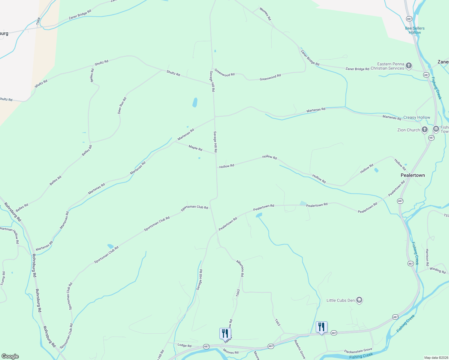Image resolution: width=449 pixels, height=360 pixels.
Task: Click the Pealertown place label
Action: click(x=413, y=175)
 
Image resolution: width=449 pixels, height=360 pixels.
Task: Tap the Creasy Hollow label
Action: click(x=417, y=117)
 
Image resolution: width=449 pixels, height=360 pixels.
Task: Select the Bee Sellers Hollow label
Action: click(x=415, y=30)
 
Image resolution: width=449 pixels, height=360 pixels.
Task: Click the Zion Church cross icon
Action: click(x=424, y=130)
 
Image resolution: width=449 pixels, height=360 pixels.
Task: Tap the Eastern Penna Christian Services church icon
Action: click(x=408, y=66)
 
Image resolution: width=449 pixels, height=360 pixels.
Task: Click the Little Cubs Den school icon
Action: click(x=359, y=300)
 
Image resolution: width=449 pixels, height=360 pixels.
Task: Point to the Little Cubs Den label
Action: click(x=341, y=300)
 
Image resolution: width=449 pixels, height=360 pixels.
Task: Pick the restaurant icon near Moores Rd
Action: click(x=225, y=333)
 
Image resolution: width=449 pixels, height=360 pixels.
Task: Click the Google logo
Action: click(x=10, y=356)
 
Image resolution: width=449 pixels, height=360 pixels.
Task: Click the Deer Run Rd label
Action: click(x=122, y=105)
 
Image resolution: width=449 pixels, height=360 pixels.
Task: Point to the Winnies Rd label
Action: click(x=265, y=14)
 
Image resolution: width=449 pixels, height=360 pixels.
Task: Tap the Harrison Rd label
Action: click(x=427, y=257)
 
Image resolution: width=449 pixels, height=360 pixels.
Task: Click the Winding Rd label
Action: click(x=438, y=270)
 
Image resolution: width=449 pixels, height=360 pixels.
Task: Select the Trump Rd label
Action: click(x=3, y=278)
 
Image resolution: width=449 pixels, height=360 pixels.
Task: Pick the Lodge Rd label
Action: click(x=184, y=346)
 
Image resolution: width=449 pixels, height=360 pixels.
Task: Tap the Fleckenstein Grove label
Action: click(x=358, y=350)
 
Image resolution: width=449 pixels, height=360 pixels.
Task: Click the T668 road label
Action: click(x=38, y=21)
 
